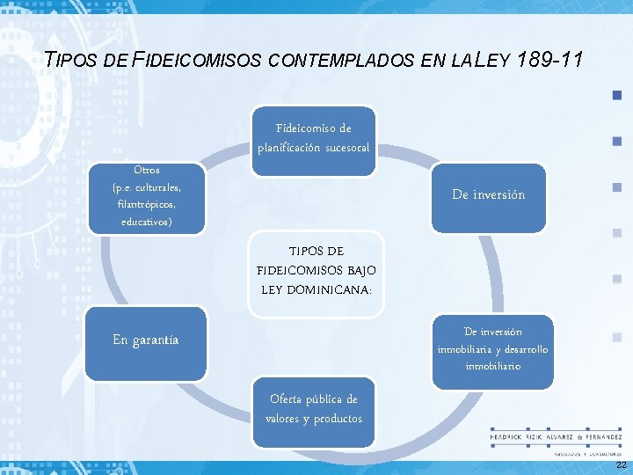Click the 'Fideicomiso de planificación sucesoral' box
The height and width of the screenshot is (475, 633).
coord(314,137)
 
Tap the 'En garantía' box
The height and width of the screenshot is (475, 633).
coord(146,339)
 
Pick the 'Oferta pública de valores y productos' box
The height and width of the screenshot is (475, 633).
coord(314,409)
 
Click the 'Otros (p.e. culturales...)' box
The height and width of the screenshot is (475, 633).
coord(147,196)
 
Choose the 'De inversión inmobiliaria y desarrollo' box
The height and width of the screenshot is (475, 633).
coord(492,347)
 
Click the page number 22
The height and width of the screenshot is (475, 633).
coord(621,464)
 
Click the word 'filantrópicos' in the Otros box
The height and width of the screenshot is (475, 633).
coord(147,204)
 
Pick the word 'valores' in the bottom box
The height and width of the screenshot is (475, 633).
coord(285,419)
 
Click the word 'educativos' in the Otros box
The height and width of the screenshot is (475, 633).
coord(147,222)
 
